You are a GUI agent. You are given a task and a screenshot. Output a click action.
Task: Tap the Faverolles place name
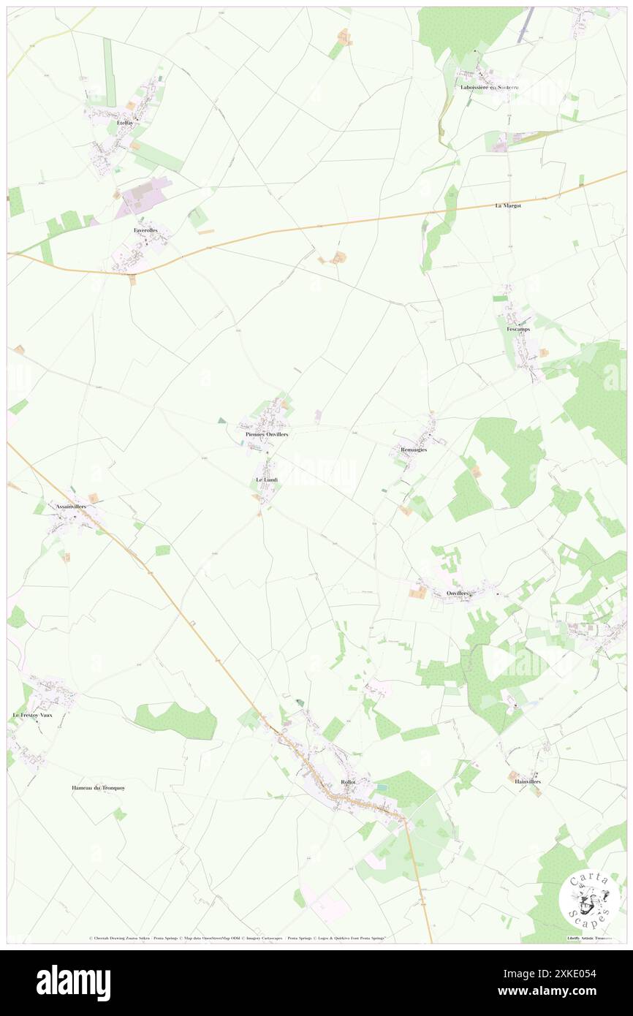tap(145, 230)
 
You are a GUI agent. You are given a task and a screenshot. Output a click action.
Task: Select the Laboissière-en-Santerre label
tap(489, 88)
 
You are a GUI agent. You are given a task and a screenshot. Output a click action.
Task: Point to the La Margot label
tap(507, 206)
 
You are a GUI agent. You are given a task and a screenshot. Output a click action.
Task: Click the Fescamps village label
tap(518, 329)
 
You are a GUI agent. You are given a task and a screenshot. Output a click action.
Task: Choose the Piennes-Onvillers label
tap(266, 434)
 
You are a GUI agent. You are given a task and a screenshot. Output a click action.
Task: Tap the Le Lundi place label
tap(267, 479)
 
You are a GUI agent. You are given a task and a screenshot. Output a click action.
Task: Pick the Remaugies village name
tap(413, 450)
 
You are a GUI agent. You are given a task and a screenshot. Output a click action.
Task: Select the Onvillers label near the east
tap(459, 593)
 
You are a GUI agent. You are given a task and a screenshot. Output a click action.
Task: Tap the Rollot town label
tap(348, 782)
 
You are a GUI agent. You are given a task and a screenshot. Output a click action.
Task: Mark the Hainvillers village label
tap(527, 781)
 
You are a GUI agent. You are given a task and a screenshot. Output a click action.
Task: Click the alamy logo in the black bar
tap(73, 982)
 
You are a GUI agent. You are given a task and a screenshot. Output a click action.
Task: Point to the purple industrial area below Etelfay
tap(145, 195)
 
